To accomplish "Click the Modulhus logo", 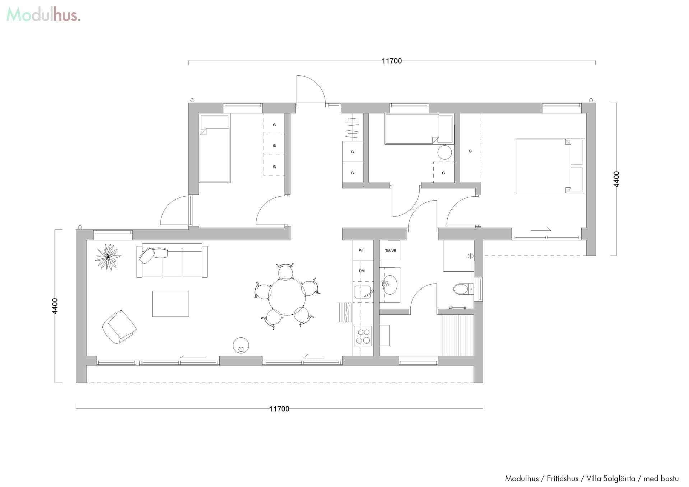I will pos(43,15).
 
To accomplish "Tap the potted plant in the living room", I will pos(108,257).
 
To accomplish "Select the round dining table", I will pos(287,297).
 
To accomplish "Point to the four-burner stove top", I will pos(363,336).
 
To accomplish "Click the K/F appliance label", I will pos(362,250).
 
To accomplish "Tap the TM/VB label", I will pos(390,250).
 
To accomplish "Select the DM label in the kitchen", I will pos(362,271).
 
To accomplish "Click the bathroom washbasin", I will pos(390,285).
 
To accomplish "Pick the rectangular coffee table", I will pos(171,304).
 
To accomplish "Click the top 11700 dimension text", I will pos(392,61).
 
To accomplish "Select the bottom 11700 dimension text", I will pos(279,409).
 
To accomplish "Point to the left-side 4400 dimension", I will pos(55,306).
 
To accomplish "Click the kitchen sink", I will pos(363,292).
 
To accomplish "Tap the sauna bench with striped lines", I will pos(458,335).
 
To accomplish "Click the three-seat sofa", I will pos(172,261).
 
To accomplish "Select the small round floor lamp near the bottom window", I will pos(241,345).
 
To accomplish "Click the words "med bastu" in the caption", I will pos(661,478).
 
